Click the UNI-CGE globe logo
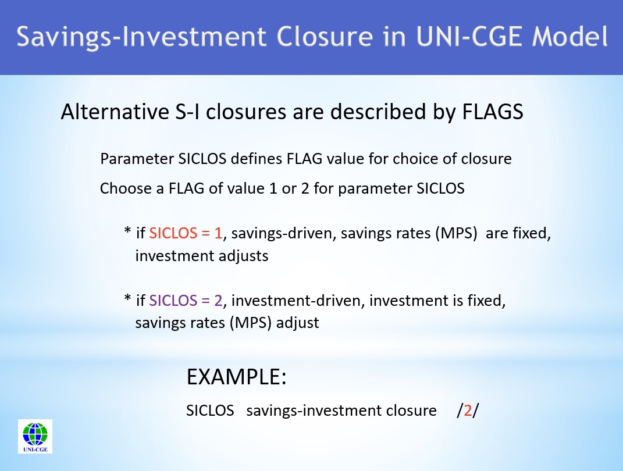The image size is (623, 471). point(35,436)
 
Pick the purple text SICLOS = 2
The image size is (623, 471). point(186,301)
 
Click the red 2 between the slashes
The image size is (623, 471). point(467,411)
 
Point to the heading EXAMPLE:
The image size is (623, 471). point(236,377)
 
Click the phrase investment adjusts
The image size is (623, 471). point(201,256)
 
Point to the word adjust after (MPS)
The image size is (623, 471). point(298,322)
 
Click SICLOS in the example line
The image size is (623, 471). point(210,411)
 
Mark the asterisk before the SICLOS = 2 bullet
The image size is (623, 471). point(127,299)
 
